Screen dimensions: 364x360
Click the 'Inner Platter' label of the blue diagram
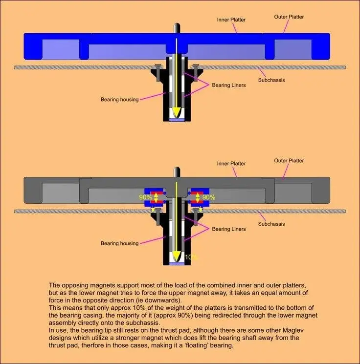click(x=231, y=20)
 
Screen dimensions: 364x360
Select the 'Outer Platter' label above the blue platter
click(x=289, y=17)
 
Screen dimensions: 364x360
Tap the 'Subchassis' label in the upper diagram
click(x=271, y=80)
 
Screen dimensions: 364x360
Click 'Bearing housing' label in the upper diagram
click(x=119, y=100)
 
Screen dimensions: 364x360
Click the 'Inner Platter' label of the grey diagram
click(x=231, y=164)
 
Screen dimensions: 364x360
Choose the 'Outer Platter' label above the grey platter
click(x=289, y=161)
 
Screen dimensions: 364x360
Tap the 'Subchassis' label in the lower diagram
click(x=271, y=224)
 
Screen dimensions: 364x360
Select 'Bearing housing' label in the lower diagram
click(x=119, y=243)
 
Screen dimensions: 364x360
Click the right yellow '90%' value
click(x=209, y=197)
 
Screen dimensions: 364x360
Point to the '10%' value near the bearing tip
click(x=191, y=257)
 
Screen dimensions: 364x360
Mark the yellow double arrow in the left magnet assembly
click(x=157, y=197)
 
